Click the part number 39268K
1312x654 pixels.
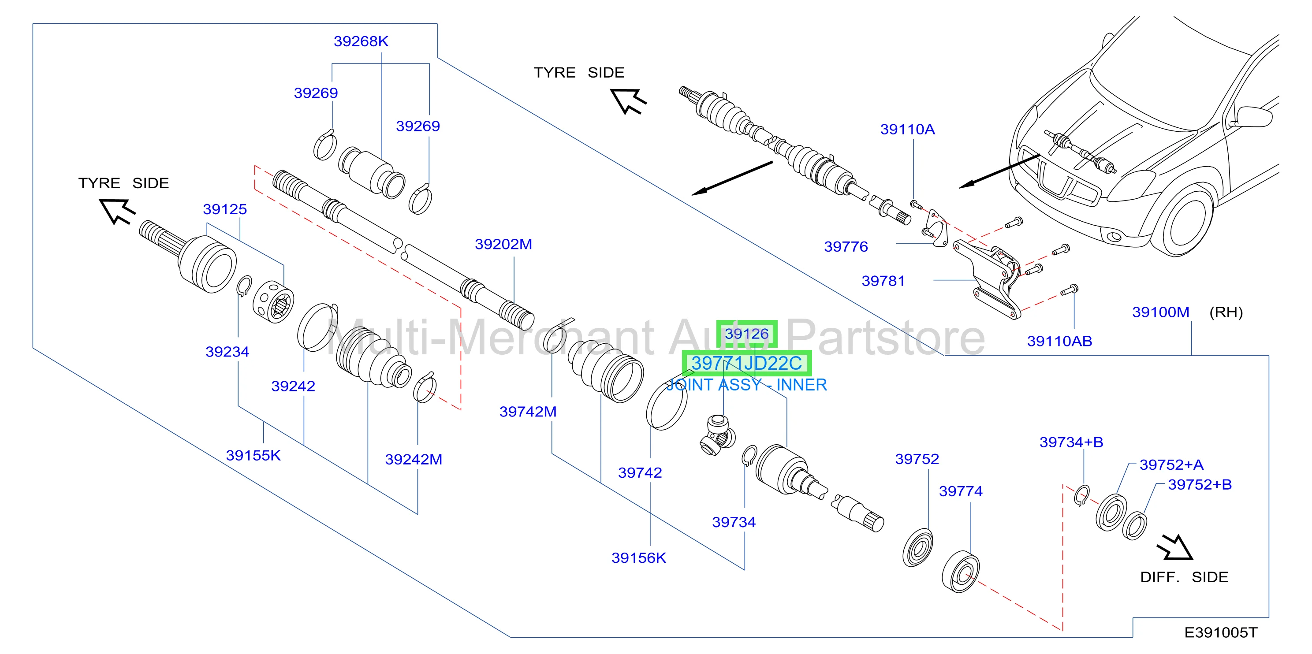361,41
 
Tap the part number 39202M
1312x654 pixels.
503,244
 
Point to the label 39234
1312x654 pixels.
227,352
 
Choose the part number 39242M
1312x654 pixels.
414,460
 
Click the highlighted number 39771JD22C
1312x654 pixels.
747,364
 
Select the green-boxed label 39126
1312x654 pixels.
747,334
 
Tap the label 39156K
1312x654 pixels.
639,558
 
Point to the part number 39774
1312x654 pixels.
961,491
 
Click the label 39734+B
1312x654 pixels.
1071,442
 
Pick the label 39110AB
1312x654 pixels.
1059,341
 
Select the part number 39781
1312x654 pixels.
883,281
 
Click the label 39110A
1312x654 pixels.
908,129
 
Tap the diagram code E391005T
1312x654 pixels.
1221,632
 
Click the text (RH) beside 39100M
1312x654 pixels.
1226,312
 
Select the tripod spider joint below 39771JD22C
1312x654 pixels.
717,435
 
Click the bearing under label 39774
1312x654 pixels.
961,571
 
